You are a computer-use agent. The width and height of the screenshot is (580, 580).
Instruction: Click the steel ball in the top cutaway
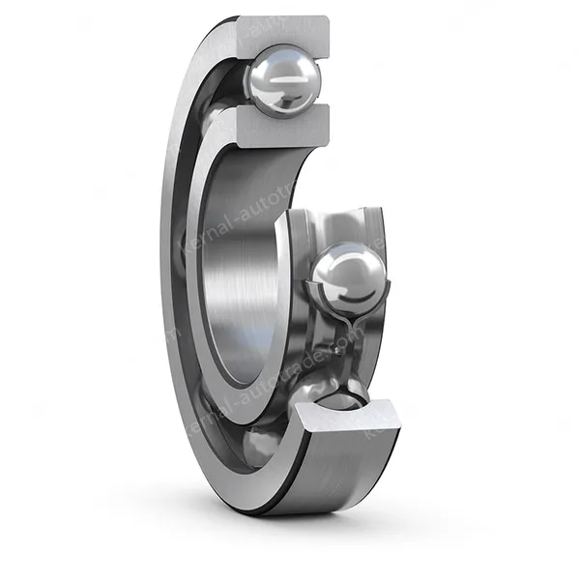(282, 83)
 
